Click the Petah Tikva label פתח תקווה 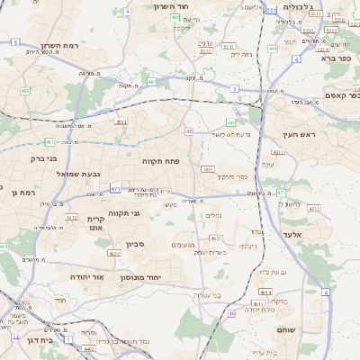click(160, 160)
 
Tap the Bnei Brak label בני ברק click(43, 158)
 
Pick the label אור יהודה click(87, 277)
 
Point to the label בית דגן click(37, 340)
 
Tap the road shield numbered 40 click(189, 131)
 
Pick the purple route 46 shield click(231, 313)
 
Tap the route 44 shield click(15, 337)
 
